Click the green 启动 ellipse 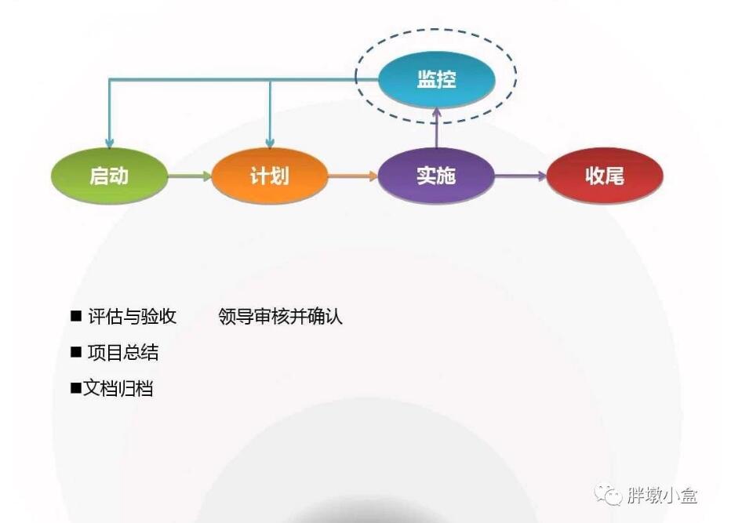pyautogui.click(x=109, y=176)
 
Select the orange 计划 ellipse pyautogui.click(x=270, y=176)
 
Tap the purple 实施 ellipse pyautogui.click(x=436, y=176)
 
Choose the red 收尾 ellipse pyautogui.click(x=605, y=176)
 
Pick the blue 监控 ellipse pyautogui.click(x=437, y=79)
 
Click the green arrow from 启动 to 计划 pyautogui.click(x=190, y=176)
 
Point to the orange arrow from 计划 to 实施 pyautogui.click(x=353, y=176)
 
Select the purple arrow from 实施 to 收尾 pyautogui.click(x=521, y=176)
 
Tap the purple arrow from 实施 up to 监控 pyautogui.click(x=437, y=128)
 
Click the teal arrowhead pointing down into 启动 pyautogui.click(x=109, y=143)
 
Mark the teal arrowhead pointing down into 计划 pyautogui.click(x=270, y=143)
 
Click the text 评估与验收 pyautogui.click(x=132, y=316)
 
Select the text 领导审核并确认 pyautogui.click(x=280, y=316)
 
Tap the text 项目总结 pyautogui.click(x=123, y=352)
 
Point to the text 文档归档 pyautogui.click(x=118, y=388)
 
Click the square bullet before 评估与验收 pyautogui.click(x=76, y=315)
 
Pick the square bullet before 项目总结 pyautogui.click(x=76, y=351)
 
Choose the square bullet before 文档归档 pyautogui.click(x=76, y=388)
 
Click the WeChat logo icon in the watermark pyautogui.click(x=609, y=495)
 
